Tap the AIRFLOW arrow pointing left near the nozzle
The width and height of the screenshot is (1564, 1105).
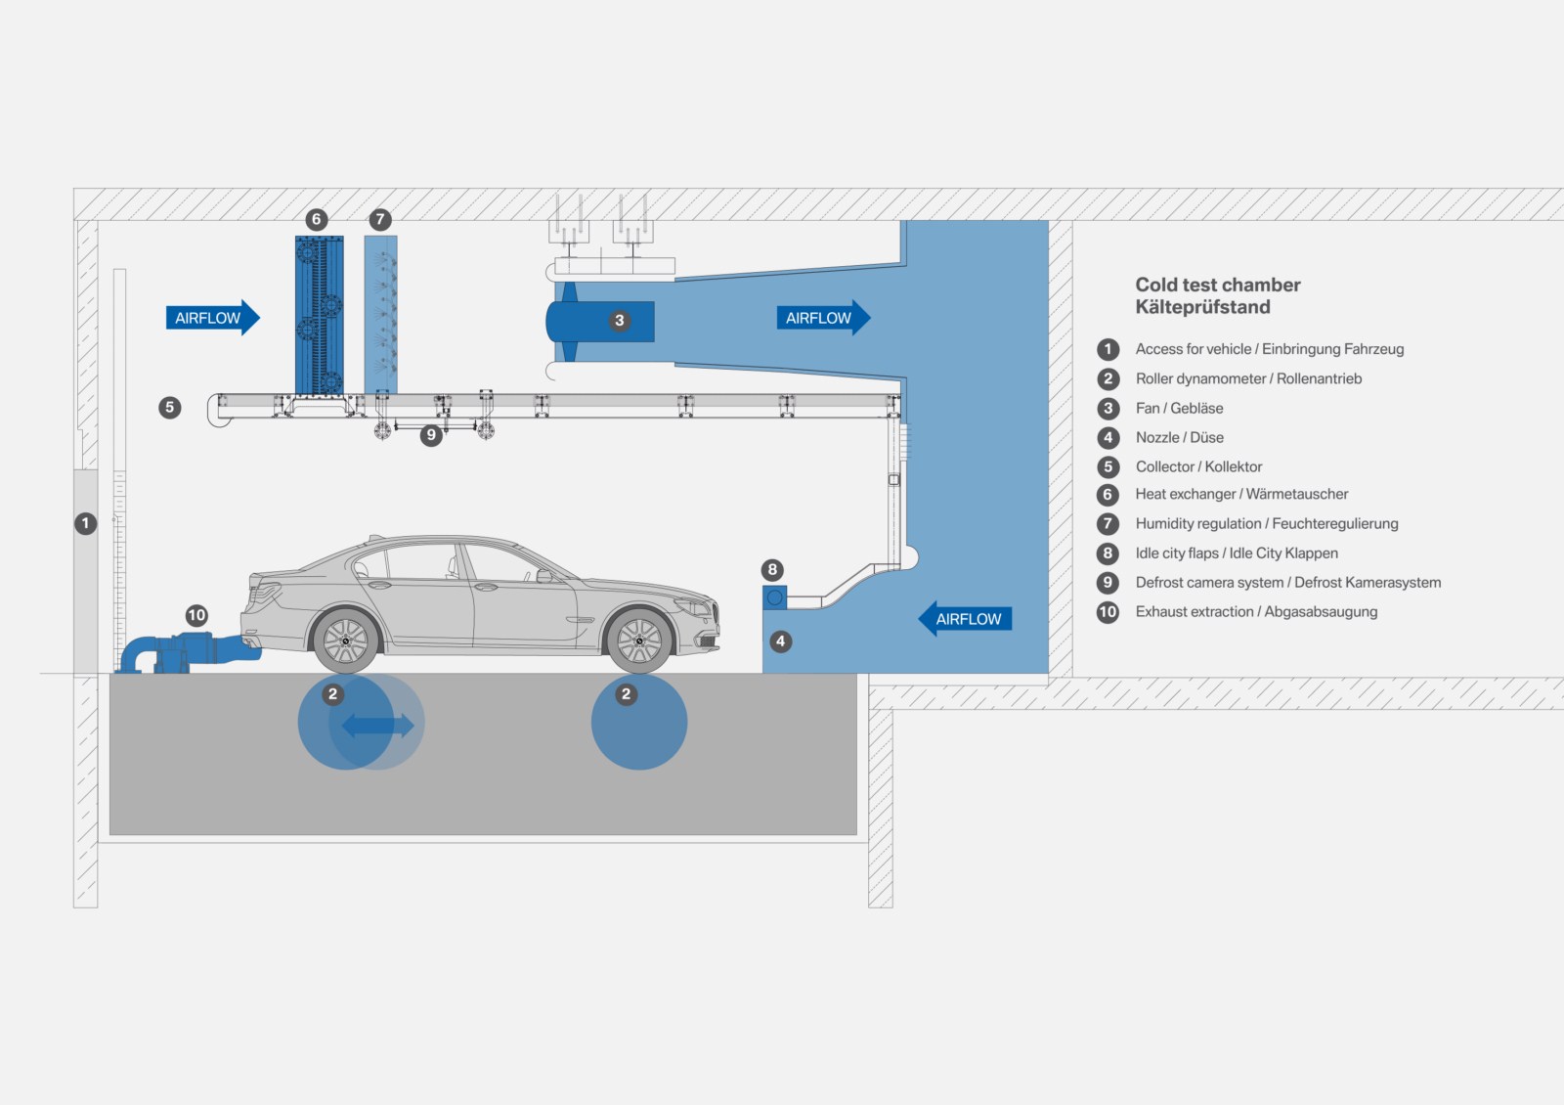[x=965, y=618]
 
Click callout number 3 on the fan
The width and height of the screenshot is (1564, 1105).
[x=619, y=321]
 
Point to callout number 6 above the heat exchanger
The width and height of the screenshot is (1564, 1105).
[x=316, y=219]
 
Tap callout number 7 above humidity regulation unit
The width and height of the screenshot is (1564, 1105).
[x=380, y=219]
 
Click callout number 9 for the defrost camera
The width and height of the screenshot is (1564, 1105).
[x=431, y=435]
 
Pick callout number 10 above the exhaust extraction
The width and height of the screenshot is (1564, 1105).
[x=196, y=615]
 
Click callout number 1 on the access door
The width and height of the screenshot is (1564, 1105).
[x=86, y=523]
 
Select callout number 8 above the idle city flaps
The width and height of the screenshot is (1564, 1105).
[x=772, y=569]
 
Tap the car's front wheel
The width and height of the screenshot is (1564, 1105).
[x=639, y=641]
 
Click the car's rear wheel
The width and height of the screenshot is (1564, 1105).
[x=345, y=641]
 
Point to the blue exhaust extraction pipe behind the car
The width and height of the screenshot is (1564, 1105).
[x=186, y=651]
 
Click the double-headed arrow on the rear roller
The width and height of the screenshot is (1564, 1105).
[x=377, y=725]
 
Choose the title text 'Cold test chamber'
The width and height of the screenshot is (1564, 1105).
[x=1217, y=285]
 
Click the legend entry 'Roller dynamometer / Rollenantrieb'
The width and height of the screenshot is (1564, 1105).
[x=1248, y=378]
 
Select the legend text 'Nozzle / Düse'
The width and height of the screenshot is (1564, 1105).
[x=1179, y=437]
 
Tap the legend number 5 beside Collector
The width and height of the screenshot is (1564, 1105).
[x=1108, y=466]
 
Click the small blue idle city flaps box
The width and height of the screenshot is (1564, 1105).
[x=774, y=597]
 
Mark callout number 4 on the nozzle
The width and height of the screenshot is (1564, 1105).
[x=780, y=641]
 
